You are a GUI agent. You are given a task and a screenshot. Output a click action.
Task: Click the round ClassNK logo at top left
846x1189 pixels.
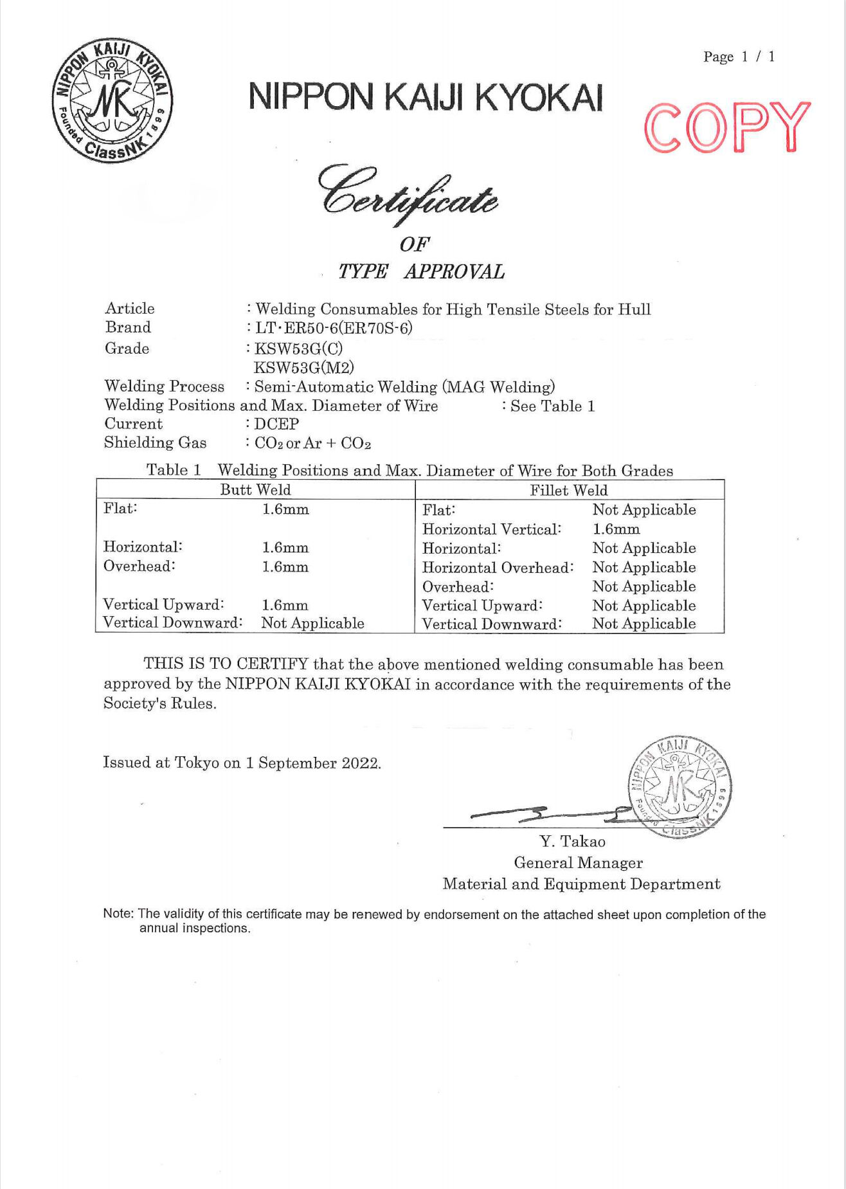112,100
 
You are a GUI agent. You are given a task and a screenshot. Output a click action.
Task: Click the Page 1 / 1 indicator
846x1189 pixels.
739,57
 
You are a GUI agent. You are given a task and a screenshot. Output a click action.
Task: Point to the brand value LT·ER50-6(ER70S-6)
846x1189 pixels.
334,328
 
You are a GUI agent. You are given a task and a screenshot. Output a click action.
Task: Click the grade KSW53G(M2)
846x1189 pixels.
304,367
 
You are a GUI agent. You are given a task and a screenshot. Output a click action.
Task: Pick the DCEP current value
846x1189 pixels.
276,424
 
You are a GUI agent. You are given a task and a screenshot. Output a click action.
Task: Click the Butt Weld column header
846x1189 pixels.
255,489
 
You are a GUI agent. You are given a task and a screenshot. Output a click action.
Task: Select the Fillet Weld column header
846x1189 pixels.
568,490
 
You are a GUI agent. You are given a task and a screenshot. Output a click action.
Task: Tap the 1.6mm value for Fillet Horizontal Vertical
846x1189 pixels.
616,529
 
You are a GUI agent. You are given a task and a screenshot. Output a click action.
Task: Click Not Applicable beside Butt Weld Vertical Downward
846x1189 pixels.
312,623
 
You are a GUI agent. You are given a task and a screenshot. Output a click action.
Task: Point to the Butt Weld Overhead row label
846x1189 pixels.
139,567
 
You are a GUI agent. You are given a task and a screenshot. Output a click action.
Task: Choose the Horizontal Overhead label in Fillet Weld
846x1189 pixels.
498,568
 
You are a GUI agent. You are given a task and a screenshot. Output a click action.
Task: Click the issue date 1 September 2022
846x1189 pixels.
313,763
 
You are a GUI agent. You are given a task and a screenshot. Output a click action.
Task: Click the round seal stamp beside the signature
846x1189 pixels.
680,788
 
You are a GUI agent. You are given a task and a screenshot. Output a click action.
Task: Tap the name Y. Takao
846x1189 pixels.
572,842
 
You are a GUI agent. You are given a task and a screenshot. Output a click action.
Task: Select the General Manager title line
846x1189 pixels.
578,863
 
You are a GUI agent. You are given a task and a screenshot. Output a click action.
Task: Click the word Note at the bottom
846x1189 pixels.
118,914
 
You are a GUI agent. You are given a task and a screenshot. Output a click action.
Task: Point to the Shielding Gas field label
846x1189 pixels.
155,442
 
